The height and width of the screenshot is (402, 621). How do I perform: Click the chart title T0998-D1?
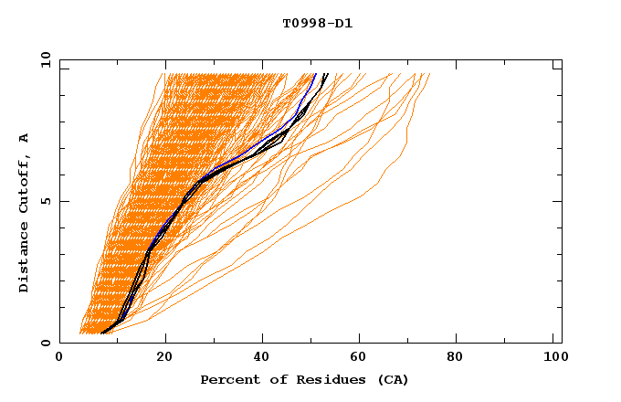pos(317,23)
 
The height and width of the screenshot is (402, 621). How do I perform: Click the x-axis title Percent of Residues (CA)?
pos(304,379)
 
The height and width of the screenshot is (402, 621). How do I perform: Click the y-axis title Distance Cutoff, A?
pos(24,212)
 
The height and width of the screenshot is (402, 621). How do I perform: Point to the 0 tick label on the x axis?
pos(59,358)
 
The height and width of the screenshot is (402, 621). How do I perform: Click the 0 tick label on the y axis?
pos(45,343)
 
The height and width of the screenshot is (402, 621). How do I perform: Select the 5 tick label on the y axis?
pos(45,201)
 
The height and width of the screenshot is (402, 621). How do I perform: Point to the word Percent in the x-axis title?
pos(229,379)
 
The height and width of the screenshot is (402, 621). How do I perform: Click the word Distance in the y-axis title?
pos(24,255)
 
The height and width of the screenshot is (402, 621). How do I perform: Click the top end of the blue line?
pos(315,74)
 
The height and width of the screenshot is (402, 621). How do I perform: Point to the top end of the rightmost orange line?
pos(429,74)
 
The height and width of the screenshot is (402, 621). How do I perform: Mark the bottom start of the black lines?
pos(102,333)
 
